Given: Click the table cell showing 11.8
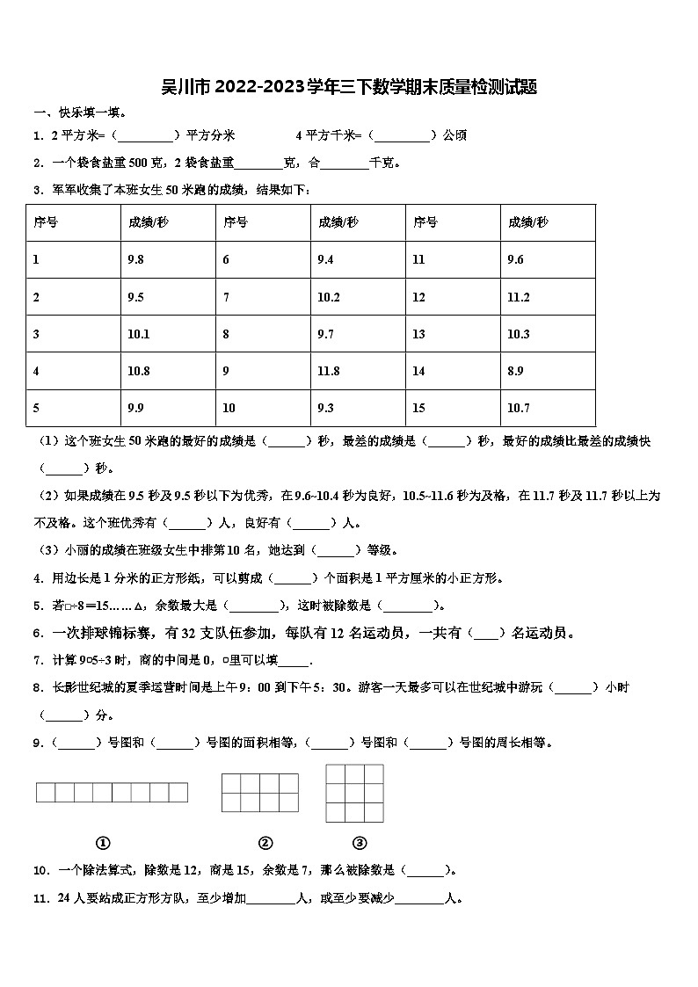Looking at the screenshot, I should tap(329, 372).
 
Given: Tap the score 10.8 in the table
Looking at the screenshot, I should tap(139, 372).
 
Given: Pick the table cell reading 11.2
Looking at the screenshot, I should tap(519, 297).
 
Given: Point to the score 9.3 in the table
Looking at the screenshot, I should tap(325, 408).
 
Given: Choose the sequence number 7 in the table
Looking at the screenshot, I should tap(226, 297).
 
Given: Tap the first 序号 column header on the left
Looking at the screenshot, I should tap(46, 222).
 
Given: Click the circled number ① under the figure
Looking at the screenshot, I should tap(103, 843).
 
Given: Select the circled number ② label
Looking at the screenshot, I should tap(265, 843).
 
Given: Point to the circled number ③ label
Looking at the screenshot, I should tap(359, 843).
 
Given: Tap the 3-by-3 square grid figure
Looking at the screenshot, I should tap(354, 793).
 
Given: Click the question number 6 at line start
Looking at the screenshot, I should tap(38, 633).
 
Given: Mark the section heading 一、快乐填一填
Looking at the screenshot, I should tap(80, 112).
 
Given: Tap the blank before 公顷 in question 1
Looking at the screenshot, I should tap(403, 135).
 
